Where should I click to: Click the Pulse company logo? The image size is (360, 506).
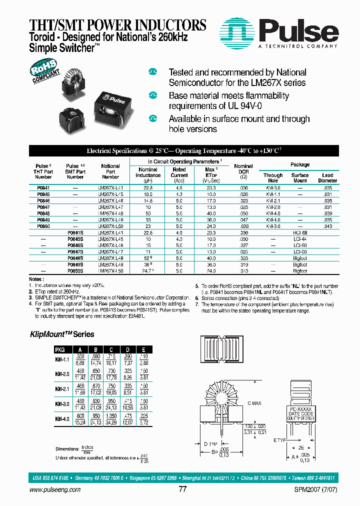[x=279, y=31]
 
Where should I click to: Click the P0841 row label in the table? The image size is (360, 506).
[x=43, y=187]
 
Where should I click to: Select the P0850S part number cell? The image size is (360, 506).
[x=75, y=270]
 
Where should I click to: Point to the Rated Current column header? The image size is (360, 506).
[x=179, y=172]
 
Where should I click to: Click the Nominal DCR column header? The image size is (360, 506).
[x=243, y=172]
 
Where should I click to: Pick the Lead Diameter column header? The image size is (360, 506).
[x=327, y=178]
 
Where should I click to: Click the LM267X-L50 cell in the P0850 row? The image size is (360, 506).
[x=110, y=226]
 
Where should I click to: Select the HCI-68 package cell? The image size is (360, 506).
[x=300, y=233]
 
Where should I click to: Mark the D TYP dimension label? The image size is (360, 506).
[x=209, y=443]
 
